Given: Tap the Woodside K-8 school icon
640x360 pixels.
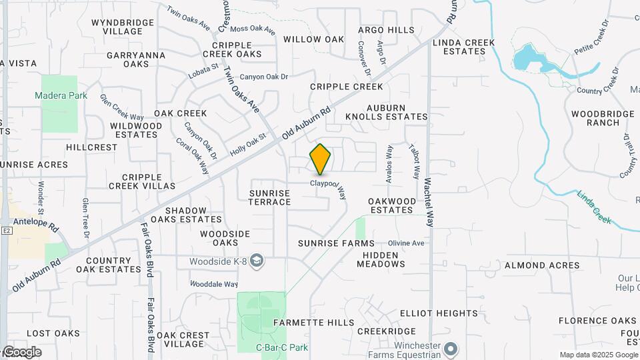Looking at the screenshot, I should [258, 261].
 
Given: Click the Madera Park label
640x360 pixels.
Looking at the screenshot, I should [61, 95].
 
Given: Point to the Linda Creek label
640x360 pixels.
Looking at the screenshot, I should [594, 208].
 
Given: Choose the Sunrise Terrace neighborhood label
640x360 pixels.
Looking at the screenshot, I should [270, 197].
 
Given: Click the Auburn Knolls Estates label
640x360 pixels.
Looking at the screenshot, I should [386, 112].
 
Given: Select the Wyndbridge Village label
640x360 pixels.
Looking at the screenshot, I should [123, 27].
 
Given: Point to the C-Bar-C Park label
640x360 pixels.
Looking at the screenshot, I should [282, 347].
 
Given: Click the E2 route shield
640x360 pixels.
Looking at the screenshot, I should [7, 230].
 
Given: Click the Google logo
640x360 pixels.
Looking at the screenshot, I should [21, 352].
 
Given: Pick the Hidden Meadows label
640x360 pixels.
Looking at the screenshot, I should [381, 259].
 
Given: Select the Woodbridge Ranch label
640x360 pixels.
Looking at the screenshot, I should [603, 118].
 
